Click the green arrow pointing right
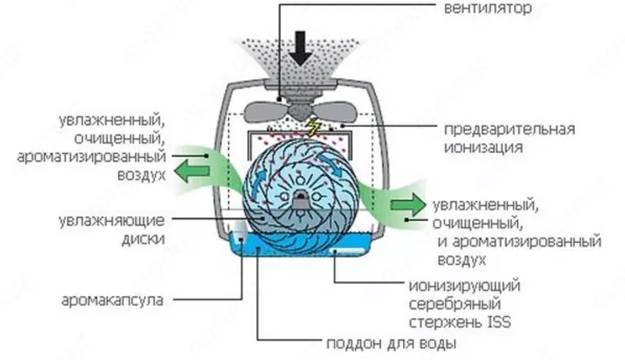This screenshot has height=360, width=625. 405,205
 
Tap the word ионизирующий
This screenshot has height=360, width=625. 464,286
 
